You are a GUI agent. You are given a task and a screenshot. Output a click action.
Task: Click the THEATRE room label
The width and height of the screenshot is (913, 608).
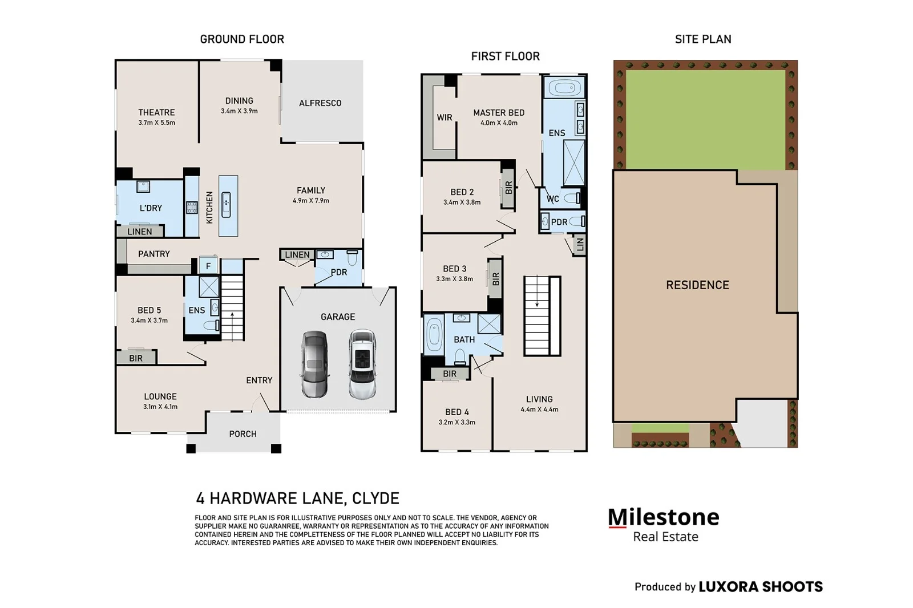coord(156,112)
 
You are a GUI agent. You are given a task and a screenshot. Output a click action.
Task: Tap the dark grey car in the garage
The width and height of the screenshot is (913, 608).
coord(314,364)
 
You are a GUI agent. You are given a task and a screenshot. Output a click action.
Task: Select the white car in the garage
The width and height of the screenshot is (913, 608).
coord(362,364)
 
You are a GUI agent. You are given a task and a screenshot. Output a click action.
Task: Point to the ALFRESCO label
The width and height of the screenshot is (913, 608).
coord(320,103)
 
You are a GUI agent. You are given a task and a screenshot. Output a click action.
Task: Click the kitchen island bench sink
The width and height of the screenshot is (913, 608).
coord(226,205)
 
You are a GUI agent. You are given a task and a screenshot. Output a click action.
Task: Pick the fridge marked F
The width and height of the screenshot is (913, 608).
coord(208,266)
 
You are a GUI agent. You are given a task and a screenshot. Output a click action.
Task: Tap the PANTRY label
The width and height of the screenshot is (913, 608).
coord(154,254)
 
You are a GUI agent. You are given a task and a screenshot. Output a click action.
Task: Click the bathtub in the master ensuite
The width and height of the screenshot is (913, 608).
coord(564,87)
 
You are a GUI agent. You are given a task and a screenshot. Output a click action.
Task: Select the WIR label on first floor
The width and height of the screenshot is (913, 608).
coord(445,117)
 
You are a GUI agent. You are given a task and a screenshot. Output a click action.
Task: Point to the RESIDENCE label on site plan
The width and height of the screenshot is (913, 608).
coord(697,285)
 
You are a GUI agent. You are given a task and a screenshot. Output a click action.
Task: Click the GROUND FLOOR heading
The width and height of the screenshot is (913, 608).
coord(242,39)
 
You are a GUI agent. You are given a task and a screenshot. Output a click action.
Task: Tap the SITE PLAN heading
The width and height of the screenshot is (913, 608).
coord(703,39)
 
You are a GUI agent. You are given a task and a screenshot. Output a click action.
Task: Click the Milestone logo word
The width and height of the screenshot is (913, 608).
coord(664,517)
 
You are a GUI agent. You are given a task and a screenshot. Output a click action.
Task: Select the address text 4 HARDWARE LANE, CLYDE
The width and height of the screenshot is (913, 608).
coord(297,498)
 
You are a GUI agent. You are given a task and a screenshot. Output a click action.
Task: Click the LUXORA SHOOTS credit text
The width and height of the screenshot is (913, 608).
coord(761,587)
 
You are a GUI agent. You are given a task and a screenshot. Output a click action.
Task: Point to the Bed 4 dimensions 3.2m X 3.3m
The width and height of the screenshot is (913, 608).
coord(457,423)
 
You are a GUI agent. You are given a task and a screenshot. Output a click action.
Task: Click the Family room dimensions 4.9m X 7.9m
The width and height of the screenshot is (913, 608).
coord(310,201)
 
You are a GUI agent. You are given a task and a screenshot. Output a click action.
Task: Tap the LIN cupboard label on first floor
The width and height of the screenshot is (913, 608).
coord(580,245)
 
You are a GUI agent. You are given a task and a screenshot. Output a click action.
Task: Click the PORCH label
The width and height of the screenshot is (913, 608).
coord(243,434)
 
